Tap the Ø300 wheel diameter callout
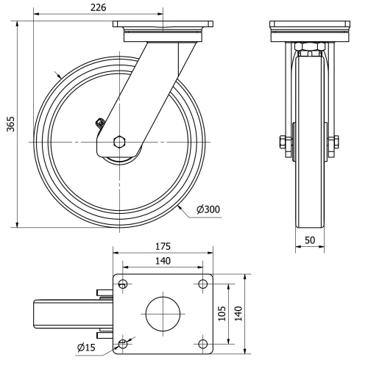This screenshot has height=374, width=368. pos(208,209)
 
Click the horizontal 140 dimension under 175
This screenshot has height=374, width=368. pos(162,260)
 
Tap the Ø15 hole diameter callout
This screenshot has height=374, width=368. pos(87,348)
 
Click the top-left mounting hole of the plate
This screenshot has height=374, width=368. pos(123,284)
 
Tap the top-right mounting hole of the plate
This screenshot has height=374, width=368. pos(202,284)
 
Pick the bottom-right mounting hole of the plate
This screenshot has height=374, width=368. pos(202,342)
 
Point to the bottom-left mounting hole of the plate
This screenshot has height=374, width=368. pos(123,342)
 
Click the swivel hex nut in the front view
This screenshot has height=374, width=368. pos(309,48)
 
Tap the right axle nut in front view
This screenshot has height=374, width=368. pos(335,142)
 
